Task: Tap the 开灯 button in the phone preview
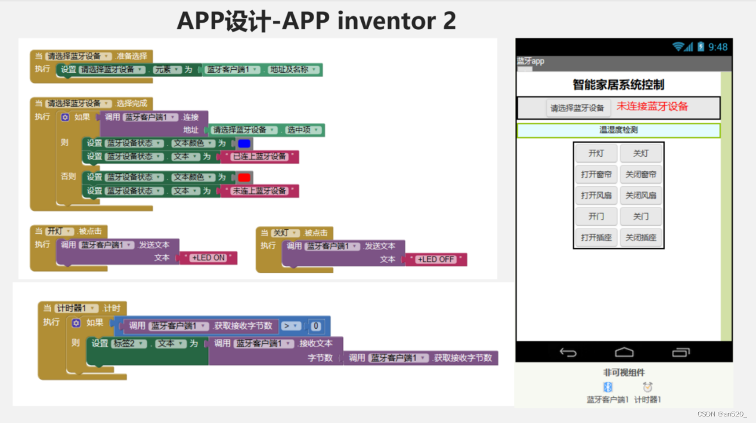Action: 596,153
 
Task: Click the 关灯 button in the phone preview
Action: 641,153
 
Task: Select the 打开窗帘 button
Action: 596,174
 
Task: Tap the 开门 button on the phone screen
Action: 596,216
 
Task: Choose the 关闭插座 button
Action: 641,237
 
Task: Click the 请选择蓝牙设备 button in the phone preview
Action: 577,108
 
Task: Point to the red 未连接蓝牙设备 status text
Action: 652,107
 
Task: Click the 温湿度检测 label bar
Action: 618,130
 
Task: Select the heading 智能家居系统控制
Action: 618,85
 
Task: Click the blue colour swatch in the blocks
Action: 244,143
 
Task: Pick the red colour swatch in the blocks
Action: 244,177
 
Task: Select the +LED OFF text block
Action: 435,260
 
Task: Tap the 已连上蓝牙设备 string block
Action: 259,157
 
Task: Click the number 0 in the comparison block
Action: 316,326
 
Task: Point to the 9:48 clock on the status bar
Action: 718,47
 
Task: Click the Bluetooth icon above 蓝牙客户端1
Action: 608,387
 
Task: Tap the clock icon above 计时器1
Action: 647,387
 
